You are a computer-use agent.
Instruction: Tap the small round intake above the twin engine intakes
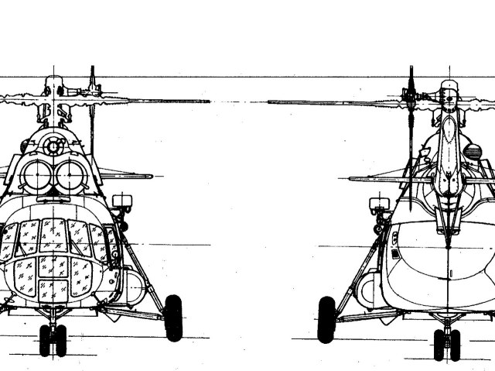tap(53, 146)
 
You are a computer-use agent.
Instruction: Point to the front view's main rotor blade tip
tap(207, 101)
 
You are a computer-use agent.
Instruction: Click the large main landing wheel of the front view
tap(173, 318)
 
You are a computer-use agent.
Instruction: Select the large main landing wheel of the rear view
tap(326, 319)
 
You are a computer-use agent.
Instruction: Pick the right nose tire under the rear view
tap(456, 344)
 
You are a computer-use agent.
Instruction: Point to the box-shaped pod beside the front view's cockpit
tap(121, 203)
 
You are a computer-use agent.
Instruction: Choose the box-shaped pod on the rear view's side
tap(378, 205)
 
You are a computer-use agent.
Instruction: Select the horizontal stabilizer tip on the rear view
tap(352, 179)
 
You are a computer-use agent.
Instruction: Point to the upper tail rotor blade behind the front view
tap(92, 77)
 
